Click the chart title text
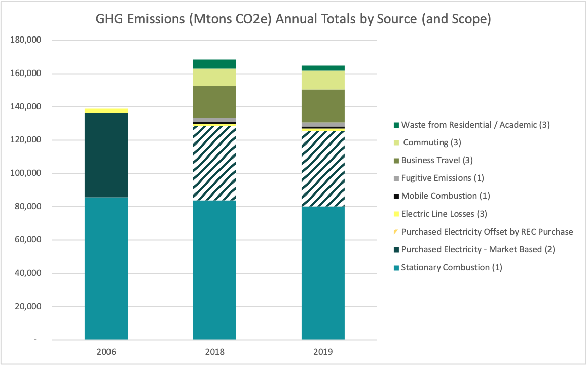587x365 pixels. click(x=293, y=20)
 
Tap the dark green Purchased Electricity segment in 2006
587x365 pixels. click(x=106, y=155)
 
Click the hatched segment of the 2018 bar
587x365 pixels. click(x=214, y=163)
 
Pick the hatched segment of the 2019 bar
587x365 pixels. click(x=323, y=169)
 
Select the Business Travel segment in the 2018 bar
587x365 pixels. click(x=214, y=101)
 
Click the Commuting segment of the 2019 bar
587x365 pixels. click(x=323, y=80)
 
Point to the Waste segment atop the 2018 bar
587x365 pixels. click(x=214, y=64)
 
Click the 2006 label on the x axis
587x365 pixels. click(x=106, y=351)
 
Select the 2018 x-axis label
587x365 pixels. click(x=214, y=351)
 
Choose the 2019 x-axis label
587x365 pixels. click(x=323, y=351)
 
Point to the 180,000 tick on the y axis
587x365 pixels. click(x=25, y=40)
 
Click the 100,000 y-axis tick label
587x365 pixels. click(x=25, y=173)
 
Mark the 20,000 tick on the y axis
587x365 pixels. click(x=27, y=306)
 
